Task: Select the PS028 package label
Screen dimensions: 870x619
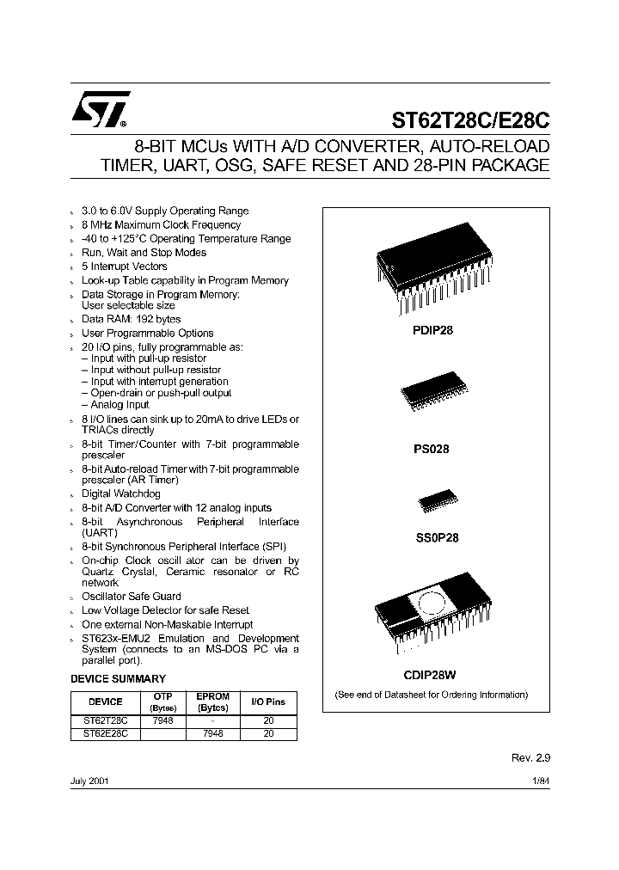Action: coord(436,448)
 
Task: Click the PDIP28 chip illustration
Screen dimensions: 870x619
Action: coord(436,269)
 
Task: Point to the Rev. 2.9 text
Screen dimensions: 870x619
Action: coord(530,759)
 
